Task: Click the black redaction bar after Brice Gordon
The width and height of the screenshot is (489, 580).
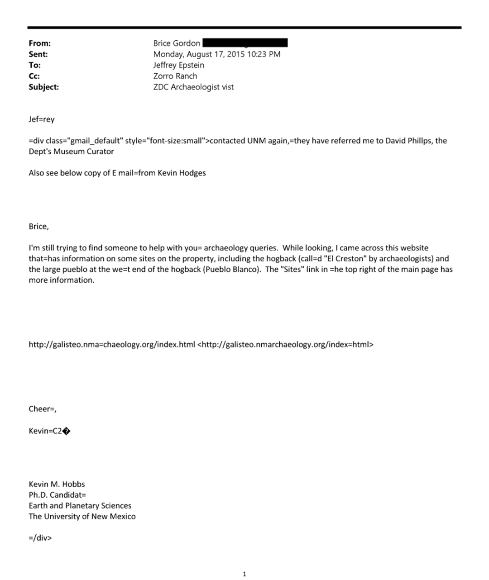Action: point(245,43)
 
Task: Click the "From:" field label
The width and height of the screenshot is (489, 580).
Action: point(39,43)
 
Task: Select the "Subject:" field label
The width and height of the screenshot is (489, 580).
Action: point(43,87)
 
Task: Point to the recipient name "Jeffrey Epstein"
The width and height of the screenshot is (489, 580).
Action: point(178,65)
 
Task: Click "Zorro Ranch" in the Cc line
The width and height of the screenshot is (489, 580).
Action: point(175,76)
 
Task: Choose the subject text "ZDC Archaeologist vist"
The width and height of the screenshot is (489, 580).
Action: point(193,87)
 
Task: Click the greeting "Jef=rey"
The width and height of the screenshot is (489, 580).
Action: point(41,119)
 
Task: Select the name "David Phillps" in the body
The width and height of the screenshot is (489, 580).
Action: point(409,141)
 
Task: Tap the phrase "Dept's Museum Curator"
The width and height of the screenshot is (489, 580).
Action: point(71,152)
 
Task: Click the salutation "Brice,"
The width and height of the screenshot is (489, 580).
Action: point(38,226)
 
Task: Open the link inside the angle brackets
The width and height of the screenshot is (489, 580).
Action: point(286,344)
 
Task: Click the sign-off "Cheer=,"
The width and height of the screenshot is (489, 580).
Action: point(42,409)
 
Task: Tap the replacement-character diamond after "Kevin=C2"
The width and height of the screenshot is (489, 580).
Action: point(66,431)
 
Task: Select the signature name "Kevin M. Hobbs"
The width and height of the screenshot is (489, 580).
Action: point(57,484)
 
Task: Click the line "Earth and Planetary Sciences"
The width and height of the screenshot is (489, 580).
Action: point(80,506)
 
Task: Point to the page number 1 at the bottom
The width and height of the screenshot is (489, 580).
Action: point(244,574)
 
